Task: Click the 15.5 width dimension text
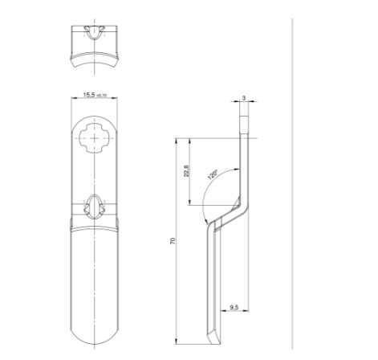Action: (90, 95)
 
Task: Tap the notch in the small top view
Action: (96, 33)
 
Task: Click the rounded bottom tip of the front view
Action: (96, 337)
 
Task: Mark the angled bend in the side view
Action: (228, 212)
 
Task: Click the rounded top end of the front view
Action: (96, 120)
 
